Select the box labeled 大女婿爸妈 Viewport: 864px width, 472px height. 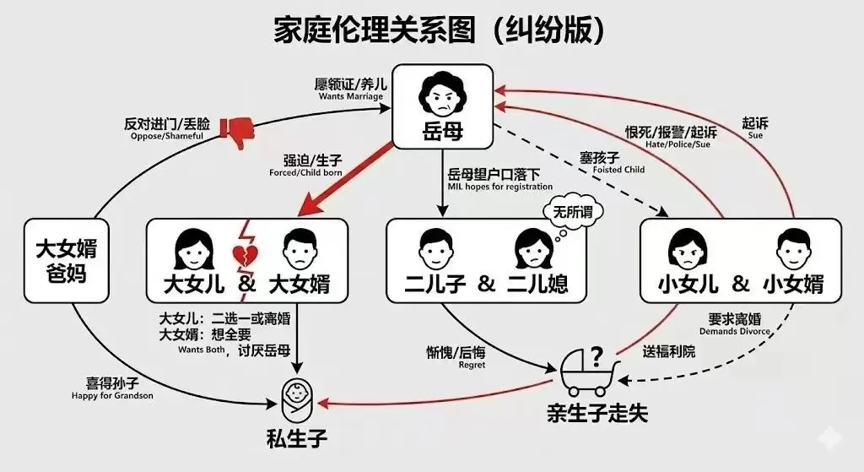pyautogui.click(x=67, y=261)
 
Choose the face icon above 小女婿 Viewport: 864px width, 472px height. pyautogui.click(x=789, y=247)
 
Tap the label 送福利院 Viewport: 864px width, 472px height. pyautogui.click(x=669, y=351)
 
